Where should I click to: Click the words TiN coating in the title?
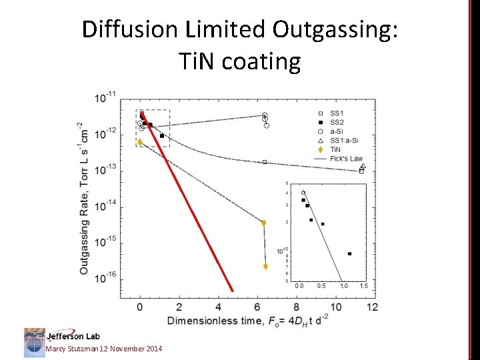(240, 61)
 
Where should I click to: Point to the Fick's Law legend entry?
(347, 159)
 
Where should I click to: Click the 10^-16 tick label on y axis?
(105, 276)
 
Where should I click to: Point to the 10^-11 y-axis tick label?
(105, 97)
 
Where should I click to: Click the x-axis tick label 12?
(372, 307)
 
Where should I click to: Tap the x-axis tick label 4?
(218, 307)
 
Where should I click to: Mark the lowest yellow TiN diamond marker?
(265, 266)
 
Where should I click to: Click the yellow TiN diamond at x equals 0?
(140, 142)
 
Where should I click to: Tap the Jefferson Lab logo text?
(73, 335)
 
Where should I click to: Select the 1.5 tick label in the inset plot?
(363, 286)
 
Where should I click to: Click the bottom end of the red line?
(233, 291)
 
